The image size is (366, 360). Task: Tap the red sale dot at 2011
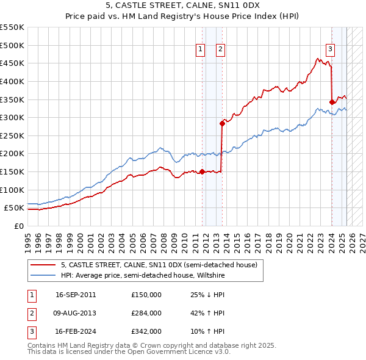(x=202, y=171)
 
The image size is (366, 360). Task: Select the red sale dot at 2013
(x=222, y=123)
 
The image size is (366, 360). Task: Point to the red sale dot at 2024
(x=332, y=102)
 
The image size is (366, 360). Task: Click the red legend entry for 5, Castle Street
(x=159, y=265)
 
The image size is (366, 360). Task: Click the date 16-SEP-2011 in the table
(x=76, y=295)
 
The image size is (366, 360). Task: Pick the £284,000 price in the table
(x=146, y=313)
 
